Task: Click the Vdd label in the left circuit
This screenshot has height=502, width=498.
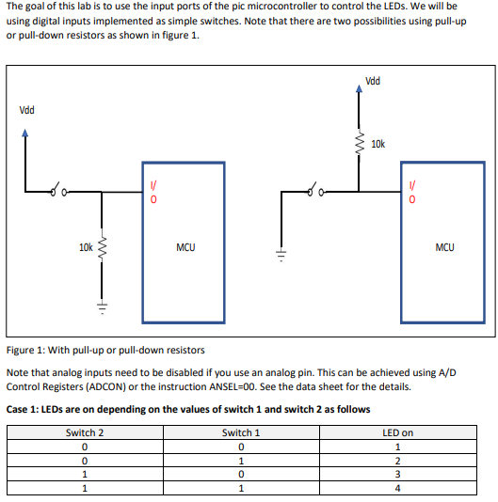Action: pyautogui.click(x=27, y=110)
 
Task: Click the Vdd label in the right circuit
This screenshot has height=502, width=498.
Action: pyautogui.click(x=373, y=81)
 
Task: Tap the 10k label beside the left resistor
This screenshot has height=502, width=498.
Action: pyautogui.click(x=86, y=248)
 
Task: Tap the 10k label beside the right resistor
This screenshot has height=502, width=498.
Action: pyautogui.click(x=378, y=144)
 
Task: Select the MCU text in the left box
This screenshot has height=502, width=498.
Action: pyautogui.click(x=185, y=248)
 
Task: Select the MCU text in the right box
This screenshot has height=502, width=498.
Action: pyautogui.click(x=444, y=248)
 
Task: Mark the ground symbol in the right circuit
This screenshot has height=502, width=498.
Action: pyautogui.click(x=280, y=254)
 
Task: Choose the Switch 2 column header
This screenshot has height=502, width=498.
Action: pyautogui.click(x=85, y=432)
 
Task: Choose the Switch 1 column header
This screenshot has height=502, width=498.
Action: pyautogui.click(x=241, y=432)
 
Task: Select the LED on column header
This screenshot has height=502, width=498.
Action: pyautogui.click(x=398, y=432)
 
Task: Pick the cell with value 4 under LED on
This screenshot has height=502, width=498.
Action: pyautogui.click(x=398, y=488)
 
